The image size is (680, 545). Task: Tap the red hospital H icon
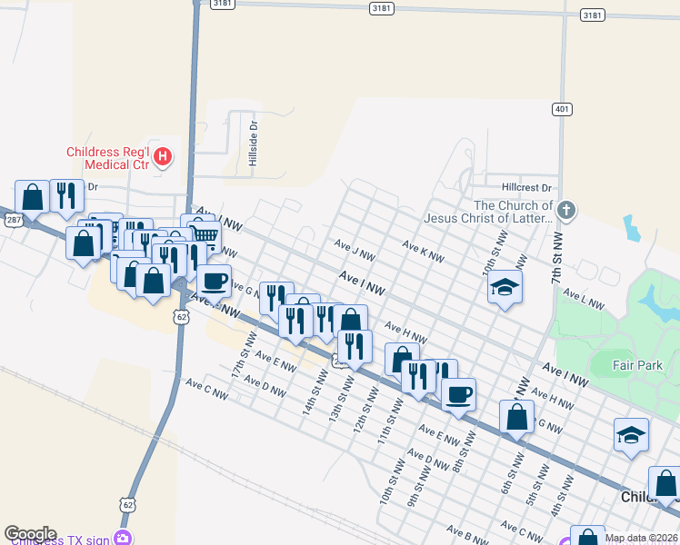click(163, 157)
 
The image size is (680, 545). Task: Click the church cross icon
click(565, 212)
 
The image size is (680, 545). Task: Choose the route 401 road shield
click(562, 110)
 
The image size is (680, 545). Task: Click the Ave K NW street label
click(423, 252)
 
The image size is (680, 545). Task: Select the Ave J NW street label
click(354, 251)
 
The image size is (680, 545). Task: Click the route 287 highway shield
click(11, 220)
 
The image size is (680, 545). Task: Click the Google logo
click(30, 534)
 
